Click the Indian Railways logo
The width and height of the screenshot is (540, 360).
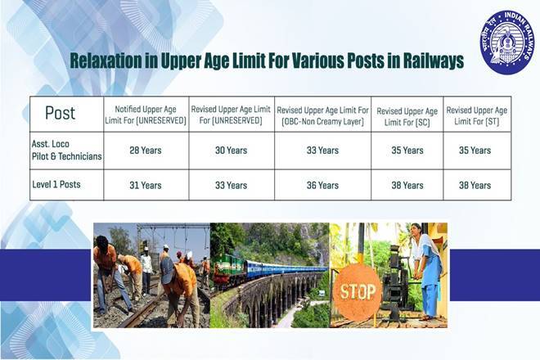point(507,43)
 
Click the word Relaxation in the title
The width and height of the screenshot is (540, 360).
point(106,61)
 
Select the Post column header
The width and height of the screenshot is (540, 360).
point(60,113)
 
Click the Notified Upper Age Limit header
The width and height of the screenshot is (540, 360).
point(146,115)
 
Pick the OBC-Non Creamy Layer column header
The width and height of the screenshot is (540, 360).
point(322,115)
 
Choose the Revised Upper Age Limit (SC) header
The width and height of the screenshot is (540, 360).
point(407,117)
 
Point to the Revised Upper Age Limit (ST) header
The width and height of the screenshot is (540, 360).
point(477,115)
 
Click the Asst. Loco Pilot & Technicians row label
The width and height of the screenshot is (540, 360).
point(66,151)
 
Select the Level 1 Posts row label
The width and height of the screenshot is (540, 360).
point(56,184)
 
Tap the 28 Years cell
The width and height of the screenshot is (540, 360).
point(146,151)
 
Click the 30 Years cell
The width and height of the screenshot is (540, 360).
point(231,151)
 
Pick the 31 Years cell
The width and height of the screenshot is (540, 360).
point(146,186)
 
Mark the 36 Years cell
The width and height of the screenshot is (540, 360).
point(322,186)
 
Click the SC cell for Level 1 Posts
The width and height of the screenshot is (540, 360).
point(407,186)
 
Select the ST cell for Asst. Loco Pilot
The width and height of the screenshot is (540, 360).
point(475,151)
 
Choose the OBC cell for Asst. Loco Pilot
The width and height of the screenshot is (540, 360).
point(322,151)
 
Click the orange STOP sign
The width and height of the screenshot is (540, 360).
point(358,292)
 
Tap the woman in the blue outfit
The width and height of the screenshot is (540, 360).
point(427,271)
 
